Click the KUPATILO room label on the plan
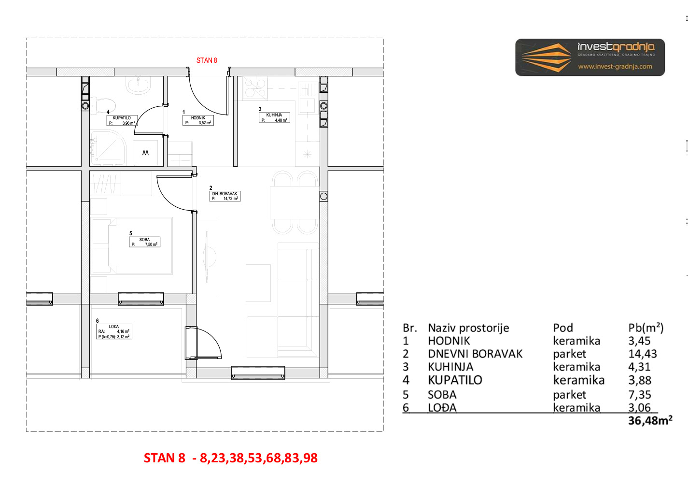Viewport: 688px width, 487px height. pos(122,120)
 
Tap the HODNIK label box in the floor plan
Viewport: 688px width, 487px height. pos(198,120)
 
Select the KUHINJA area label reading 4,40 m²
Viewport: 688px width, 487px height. pos(274,118)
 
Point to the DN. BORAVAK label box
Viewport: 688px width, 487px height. pos(225,196)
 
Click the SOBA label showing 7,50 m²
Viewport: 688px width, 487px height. pos(145,242)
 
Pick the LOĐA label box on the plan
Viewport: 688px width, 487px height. pos(114,331)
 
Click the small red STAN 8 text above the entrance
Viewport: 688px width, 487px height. pos(207,60)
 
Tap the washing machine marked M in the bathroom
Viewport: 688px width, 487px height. pos(145,153)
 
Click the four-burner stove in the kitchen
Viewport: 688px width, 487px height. pos(255,88)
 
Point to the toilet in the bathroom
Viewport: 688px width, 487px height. pos(102,106)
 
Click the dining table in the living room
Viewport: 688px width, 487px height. pos(295,202)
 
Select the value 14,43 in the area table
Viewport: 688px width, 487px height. pos(642,354)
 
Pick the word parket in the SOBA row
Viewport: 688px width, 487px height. pos(569,395)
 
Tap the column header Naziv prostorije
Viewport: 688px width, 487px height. pos(468,328)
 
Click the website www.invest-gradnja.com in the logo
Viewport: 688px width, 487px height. pos(615,67)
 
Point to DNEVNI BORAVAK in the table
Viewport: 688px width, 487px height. pos(475,354)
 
